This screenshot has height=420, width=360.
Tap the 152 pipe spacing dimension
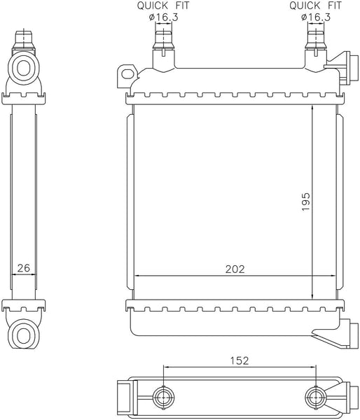(x=240, y=361)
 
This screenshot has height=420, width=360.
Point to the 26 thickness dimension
(x=23, y=267)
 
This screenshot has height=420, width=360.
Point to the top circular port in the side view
(x=24, y=69)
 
